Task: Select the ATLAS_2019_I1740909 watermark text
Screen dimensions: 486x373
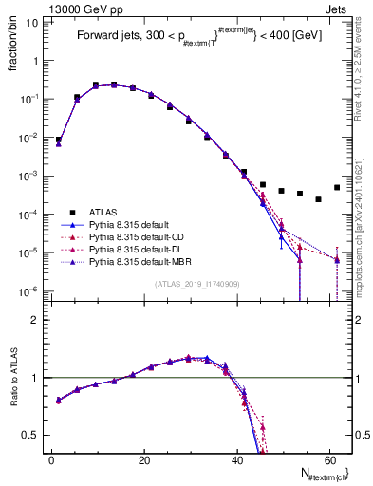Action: click(196, 284)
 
